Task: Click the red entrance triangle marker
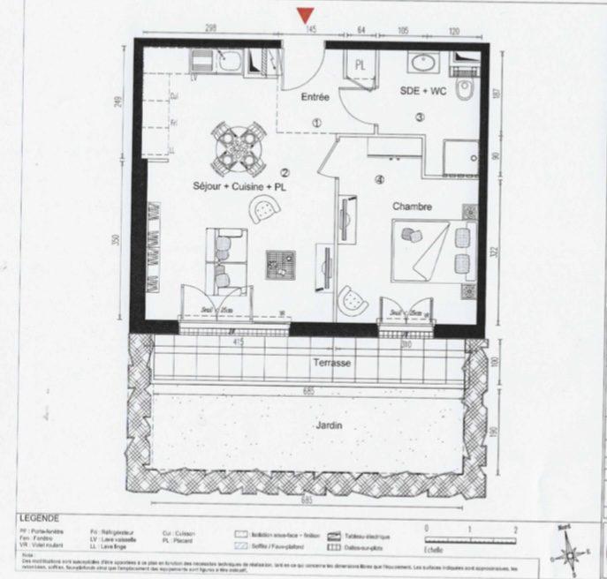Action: (306, 15)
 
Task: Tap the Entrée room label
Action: (315, 97)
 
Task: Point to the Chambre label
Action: (412, 207)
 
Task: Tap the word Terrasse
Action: (331, 363)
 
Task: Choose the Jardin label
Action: (328, 425)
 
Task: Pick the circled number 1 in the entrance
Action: (316, 123)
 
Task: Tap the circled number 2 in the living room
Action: (285, 172)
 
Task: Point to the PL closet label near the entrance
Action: (360, 65)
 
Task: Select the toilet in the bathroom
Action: (466, 91)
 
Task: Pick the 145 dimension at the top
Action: (310, 29)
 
